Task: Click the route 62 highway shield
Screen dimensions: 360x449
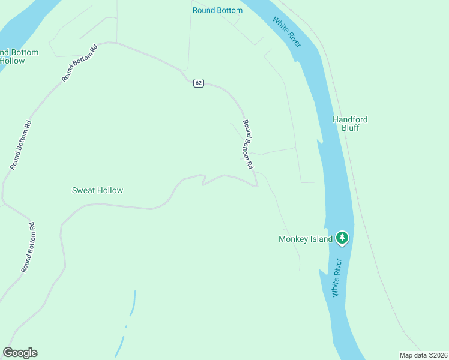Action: tap(199, 83)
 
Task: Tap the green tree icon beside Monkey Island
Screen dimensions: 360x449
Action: tap(342, 239)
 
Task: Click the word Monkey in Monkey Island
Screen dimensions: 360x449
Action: tap(294, 239)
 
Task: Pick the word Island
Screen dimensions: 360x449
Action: tap(321, 239)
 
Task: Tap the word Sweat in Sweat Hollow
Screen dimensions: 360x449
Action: tap(83, 190)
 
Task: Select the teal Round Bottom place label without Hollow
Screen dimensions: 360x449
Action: tap(217, 10)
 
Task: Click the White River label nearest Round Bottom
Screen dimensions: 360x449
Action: tap(287, 32)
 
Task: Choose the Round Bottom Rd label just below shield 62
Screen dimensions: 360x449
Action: tap(247, 144)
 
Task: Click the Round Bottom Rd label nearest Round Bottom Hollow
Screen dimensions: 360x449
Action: tap(79, 63)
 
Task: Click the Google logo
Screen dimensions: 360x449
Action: tap(20, 353)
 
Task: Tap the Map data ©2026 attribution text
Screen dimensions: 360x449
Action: tap(424, 355)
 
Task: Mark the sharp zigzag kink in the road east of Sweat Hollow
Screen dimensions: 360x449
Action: tap(203, 180)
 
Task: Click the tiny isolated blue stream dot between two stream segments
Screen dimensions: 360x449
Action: tap(126, 326)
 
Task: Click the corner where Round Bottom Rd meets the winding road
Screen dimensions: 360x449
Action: tap(256, 185)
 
